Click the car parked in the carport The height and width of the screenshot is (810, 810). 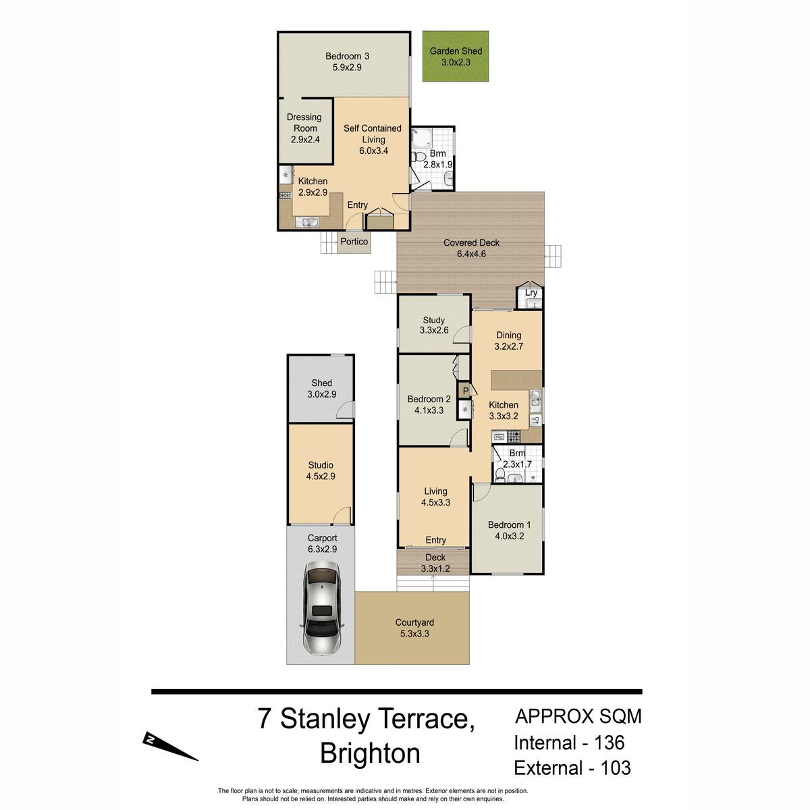(x=321, y=608)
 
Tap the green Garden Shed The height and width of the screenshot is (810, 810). (x=455, y=56)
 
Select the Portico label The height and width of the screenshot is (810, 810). (x=354, y=241)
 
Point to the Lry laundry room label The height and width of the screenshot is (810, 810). (x=531, y=292)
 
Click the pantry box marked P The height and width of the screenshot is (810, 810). (x=465, y=391)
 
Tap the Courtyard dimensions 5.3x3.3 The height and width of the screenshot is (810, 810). (x=414, y=633)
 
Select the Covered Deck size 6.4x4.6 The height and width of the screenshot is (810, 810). (x=471, y=254)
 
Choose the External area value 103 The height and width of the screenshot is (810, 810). (x=616, y=768)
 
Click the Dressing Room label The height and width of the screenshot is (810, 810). (x=304, y=123)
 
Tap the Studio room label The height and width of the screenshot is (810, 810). (x=321, y=465)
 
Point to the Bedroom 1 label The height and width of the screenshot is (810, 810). (x=509, y=524)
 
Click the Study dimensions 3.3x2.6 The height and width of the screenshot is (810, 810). (x=434, y=330)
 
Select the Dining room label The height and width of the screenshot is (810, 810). (x=509, y=335)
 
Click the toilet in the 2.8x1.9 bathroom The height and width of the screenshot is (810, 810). (x=419, y=157)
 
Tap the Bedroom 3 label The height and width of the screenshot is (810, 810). (x=347, y=56)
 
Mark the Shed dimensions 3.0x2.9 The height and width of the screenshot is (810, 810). (x=321, y=394)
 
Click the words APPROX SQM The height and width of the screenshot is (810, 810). (x=578, y=716)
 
